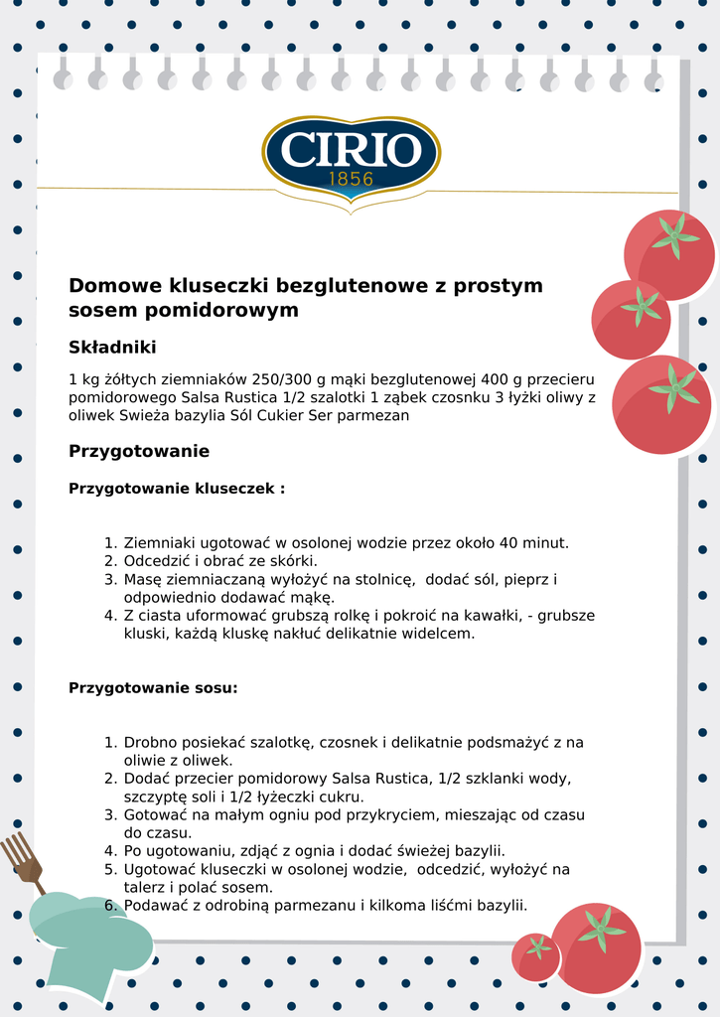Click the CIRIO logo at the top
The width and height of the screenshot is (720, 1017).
point(351,152)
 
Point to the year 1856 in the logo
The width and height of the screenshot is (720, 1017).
point(351,180)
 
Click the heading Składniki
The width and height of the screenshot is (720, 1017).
point(112,348)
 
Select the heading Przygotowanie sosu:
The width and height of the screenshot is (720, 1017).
point(153,687)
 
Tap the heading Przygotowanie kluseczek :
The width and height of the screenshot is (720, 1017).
point(177,489)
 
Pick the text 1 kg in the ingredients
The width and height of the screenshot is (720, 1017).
point(83,379)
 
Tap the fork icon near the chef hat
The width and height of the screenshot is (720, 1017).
point(22,859)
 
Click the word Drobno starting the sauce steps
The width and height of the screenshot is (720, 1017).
point(151,742)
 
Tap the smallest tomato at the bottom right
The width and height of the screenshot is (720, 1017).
point(536,956)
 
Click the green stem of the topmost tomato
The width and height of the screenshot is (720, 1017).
point(675,236)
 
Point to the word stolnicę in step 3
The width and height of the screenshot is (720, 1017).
point(391,579)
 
